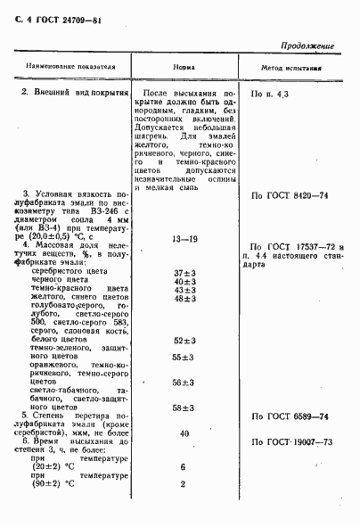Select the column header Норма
click(184, 66)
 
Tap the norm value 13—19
click(183, 240)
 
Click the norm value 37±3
click(184, 272)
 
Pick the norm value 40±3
click(184, 282)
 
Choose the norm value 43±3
click(184, 291)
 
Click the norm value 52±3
click(184, 341)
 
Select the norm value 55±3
click(184, 357)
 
